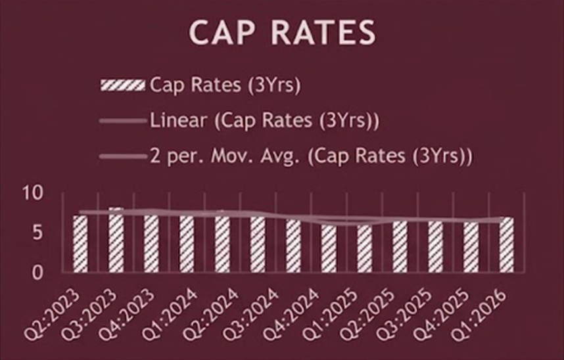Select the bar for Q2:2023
click(x=80, y=243)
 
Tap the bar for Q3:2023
click(x=116, y=240)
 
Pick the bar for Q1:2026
click(x=506, y=244)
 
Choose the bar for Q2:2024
click(x=222, y=242)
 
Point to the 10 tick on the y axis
click(x=33, y=193)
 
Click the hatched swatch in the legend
click(x=122, y=85)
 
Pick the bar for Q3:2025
click(x=435, y=246)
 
